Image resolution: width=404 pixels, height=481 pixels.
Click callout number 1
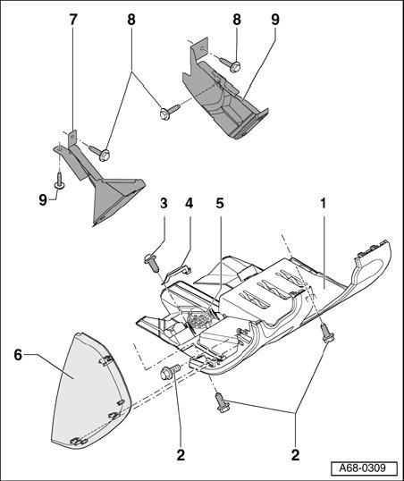click(x=323, y=203)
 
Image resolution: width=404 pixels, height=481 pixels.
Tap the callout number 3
click(x=164, y=203)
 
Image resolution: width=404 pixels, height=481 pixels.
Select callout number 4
click(x=189, y=203)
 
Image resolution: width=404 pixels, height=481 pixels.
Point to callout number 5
click(x=220, y=203)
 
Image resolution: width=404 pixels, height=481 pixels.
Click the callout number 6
click(x=18, y=355)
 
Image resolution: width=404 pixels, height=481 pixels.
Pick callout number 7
click(x=72, y=20)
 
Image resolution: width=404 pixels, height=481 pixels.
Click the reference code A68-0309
click(x=364, y=468)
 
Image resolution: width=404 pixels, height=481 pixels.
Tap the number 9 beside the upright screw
click(x=43, y=200)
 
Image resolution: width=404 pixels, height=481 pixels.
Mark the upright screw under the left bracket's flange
click(x=59, y=181)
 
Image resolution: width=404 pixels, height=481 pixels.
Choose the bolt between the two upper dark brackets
click(x=169, y=112)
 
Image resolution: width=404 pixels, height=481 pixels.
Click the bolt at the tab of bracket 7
click(x=100, y=153)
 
